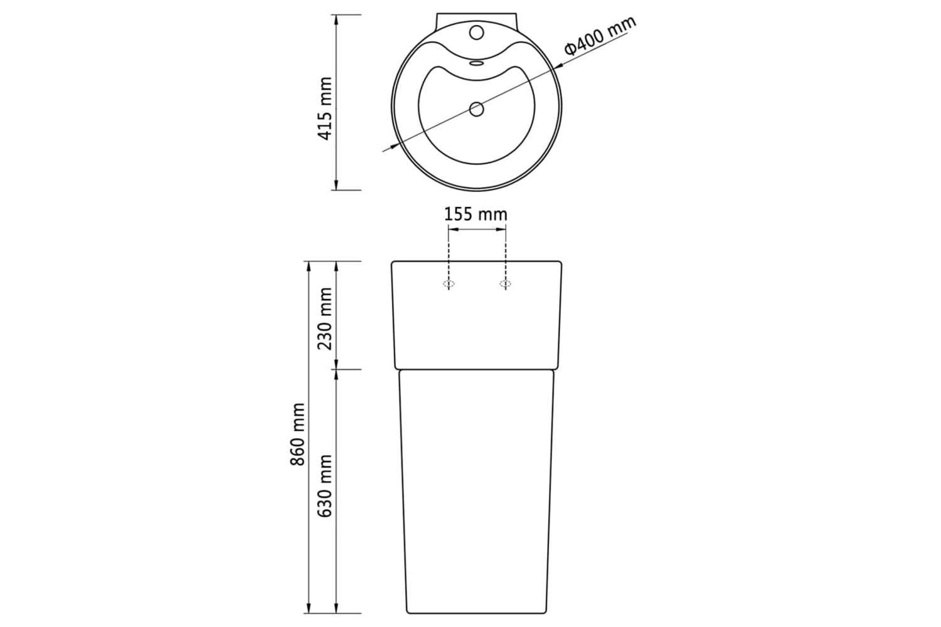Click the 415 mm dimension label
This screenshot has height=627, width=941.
(x=325, y=108)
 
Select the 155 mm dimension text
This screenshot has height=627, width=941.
(x=476, y=214)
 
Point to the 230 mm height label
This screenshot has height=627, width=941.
(x=325, y=319)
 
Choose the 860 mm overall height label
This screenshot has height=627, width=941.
(x=297, y=435)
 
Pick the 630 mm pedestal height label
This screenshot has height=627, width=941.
(x=325, y=486)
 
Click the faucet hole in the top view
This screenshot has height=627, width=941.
(x=476, y=33)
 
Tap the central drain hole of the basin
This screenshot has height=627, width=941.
(x=476, y=109)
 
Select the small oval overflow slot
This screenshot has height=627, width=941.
(x=476, y=63)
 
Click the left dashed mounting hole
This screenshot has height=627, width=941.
(x=449, y=284)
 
